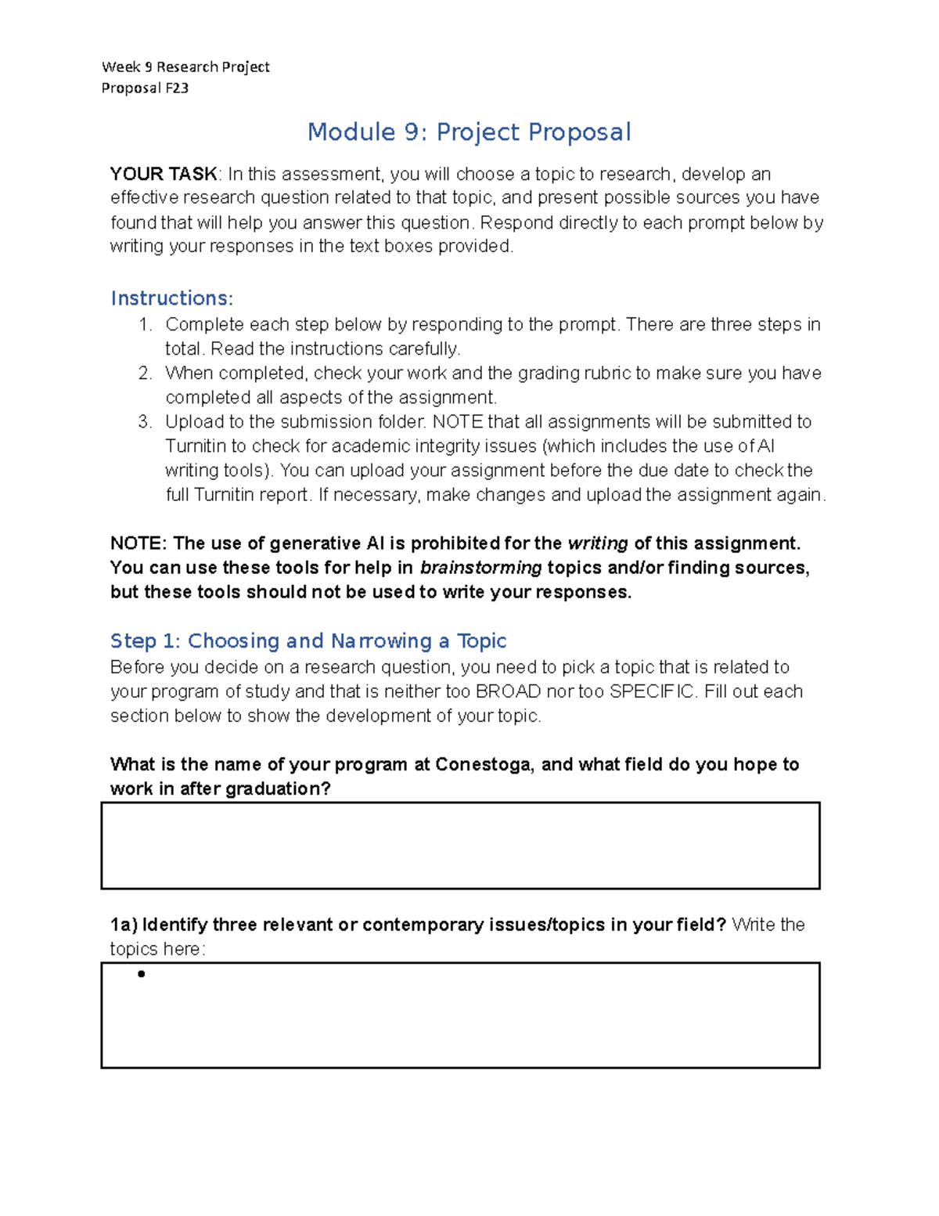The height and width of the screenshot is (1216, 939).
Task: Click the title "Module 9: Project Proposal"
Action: [x=469, y=132]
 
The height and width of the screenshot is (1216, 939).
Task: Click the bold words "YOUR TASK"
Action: [x=164, y=174]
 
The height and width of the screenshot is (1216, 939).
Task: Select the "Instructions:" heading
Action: [x=171, y=298]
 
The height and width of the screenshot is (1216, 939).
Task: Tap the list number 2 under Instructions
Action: [x=144, y=373]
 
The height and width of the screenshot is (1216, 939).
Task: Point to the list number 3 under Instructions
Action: [x=144, y=422]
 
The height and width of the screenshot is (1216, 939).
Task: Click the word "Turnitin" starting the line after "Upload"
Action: [x=195, y=446]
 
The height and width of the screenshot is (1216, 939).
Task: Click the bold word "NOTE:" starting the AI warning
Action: [x=139, y=543]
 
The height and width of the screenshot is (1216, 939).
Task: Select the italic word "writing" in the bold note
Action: [x=598, y=543]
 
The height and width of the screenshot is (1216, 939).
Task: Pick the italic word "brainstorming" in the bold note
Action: [x=480, y=568]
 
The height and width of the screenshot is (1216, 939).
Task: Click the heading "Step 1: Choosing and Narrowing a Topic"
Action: [x=308, y=641]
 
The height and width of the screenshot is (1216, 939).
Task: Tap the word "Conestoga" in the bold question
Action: [x=483, y=764]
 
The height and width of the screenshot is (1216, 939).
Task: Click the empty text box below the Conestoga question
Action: [x=460, y=846]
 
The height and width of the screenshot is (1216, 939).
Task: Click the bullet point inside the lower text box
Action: [x=142, y=975]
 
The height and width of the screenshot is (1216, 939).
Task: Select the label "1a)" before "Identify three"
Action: [x=124, y=926]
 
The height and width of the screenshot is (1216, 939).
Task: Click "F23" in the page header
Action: [x=177, y=88]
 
